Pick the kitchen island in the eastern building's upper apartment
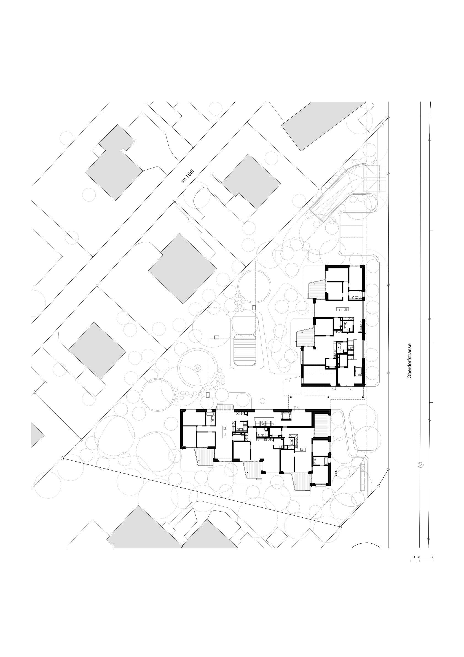[342, 309]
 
